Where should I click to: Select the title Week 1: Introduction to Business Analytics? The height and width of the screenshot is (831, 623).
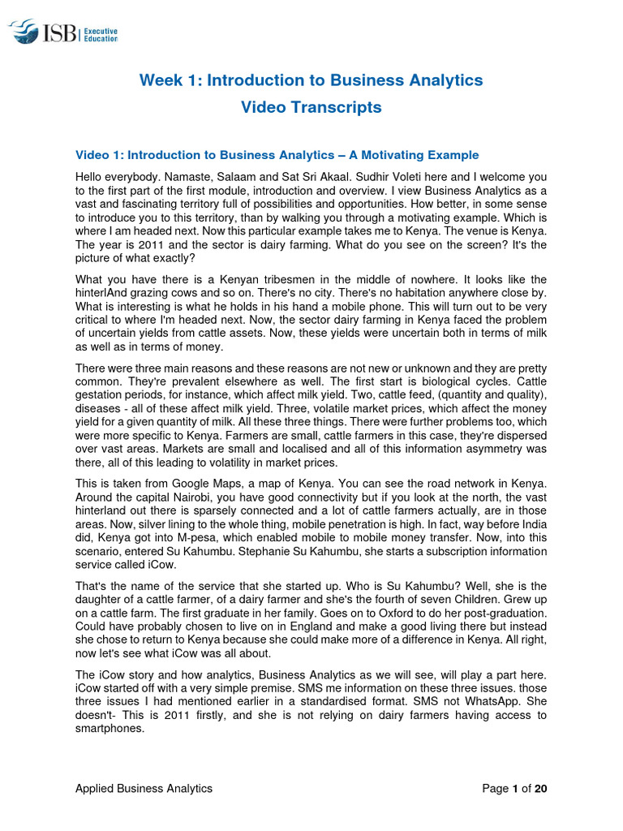click(311, 80)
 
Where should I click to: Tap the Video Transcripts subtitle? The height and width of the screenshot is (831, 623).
click(311, 107)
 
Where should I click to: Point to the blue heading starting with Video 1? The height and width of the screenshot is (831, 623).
click(277, 155)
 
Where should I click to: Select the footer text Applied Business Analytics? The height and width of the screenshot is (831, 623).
click(144, 788)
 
